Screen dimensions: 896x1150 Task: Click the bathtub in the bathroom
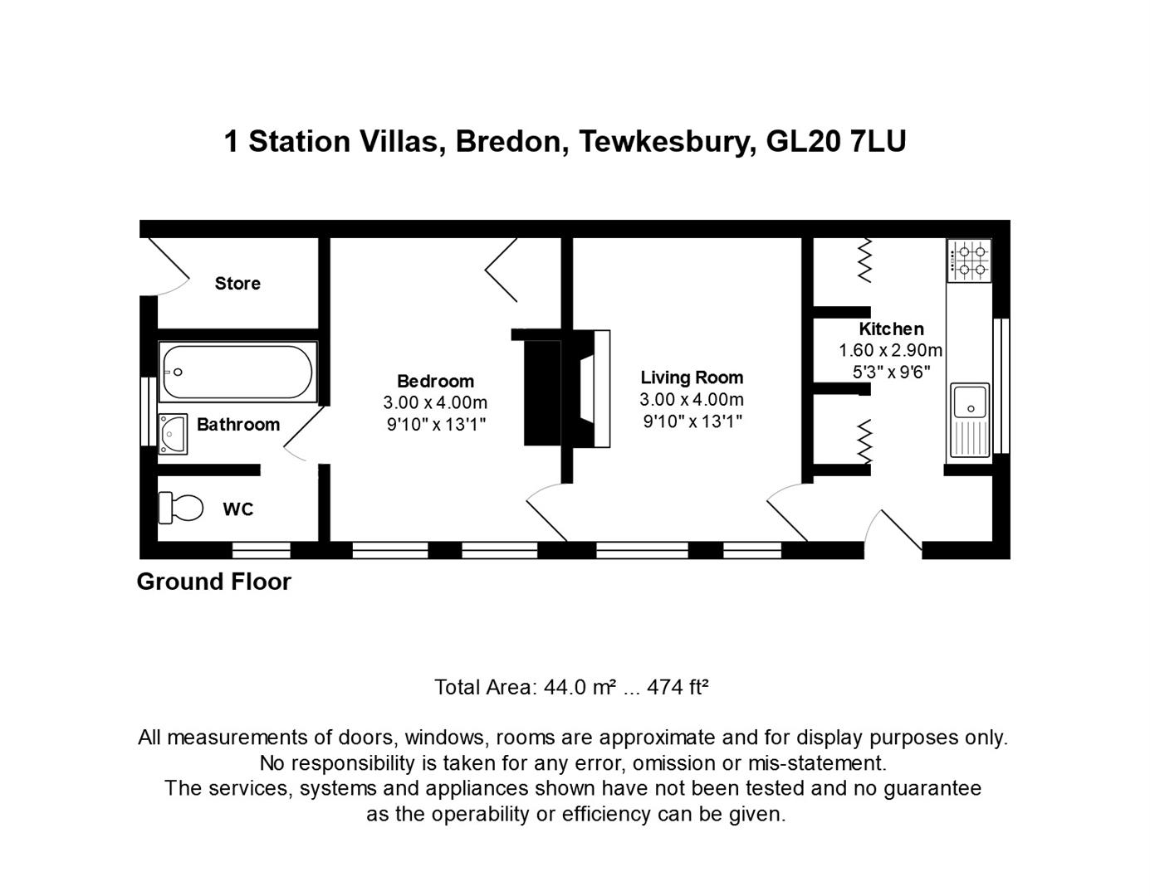[237, 372]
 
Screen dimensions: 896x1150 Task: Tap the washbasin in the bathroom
[173, 434]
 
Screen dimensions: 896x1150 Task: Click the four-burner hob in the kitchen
[969, 260]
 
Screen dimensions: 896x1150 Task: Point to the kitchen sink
[969, 402]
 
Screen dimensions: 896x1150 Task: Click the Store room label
[237, 284]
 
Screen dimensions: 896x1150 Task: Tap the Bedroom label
[435, 382]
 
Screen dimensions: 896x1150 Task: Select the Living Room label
[692, 377]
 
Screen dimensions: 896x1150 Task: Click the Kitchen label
[891, 329]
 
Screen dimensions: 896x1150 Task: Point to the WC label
[237, 509]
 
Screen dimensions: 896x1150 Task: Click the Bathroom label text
[238, 425]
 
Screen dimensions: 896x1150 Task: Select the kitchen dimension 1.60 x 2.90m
[890, 350]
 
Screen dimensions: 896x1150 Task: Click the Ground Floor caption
[214, 582]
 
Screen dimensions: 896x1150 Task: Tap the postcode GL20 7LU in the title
[835, 142]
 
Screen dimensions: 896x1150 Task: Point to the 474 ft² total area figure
[677, 687]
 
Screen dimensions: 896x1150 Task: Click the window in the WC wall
[261, 549]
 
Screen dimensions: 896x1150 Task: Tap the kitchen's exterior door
[895, 531]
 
